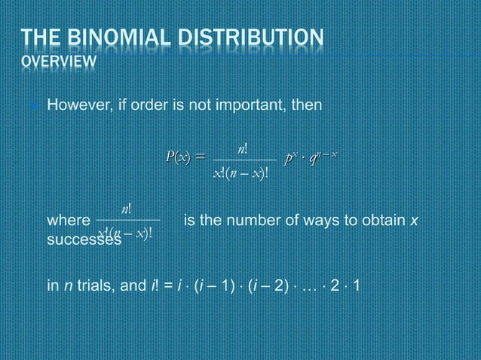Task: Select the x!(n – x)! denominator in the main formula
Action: coord(243,174)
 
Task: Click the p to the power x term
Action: coord(292,156)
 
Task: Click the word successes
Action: coord(84,239)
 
